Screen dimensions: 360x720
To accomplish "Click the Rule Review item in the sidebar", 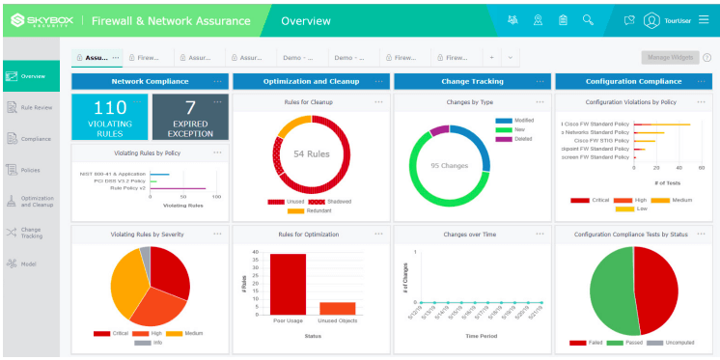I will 30,107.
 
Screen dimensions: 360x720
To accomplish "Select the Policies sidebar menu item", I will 30,170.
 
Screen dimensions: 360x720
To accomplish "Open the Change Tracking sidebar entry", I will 30,232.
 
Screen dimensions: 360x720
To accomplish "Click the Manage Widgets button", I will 669,58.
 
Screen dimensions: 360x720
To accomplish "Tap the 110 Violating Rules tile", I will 110,117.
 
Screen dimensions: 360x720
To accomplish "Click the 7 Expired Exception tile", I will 190,117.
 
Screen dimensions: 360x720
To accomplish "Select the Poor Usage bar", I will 288,284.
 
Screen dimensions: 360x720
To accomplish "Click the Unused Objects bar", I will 337,308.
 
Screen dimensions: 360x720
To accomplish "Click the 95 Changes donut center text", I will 449,165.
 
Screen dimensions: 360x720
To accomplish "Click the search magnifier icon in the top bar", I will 589,19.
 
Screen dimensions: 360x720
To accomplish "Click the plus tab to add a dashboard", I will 491,58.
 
